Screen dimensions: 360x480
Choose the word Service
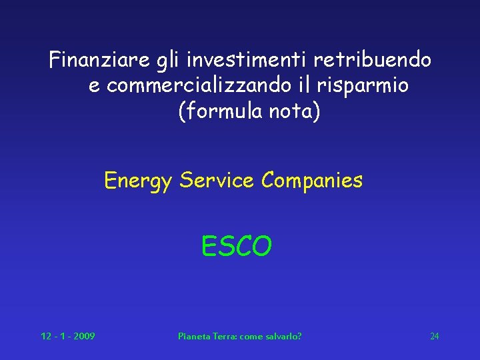pos(217,180)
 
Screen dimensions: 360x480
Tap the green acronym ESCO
pos(237,247)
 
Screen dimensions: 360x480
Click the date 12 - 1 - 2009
pos(67,336)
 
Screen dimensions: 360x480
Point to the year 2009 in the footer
pos(84,336)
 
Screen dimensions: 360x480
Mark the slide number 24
pos(434,336)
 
